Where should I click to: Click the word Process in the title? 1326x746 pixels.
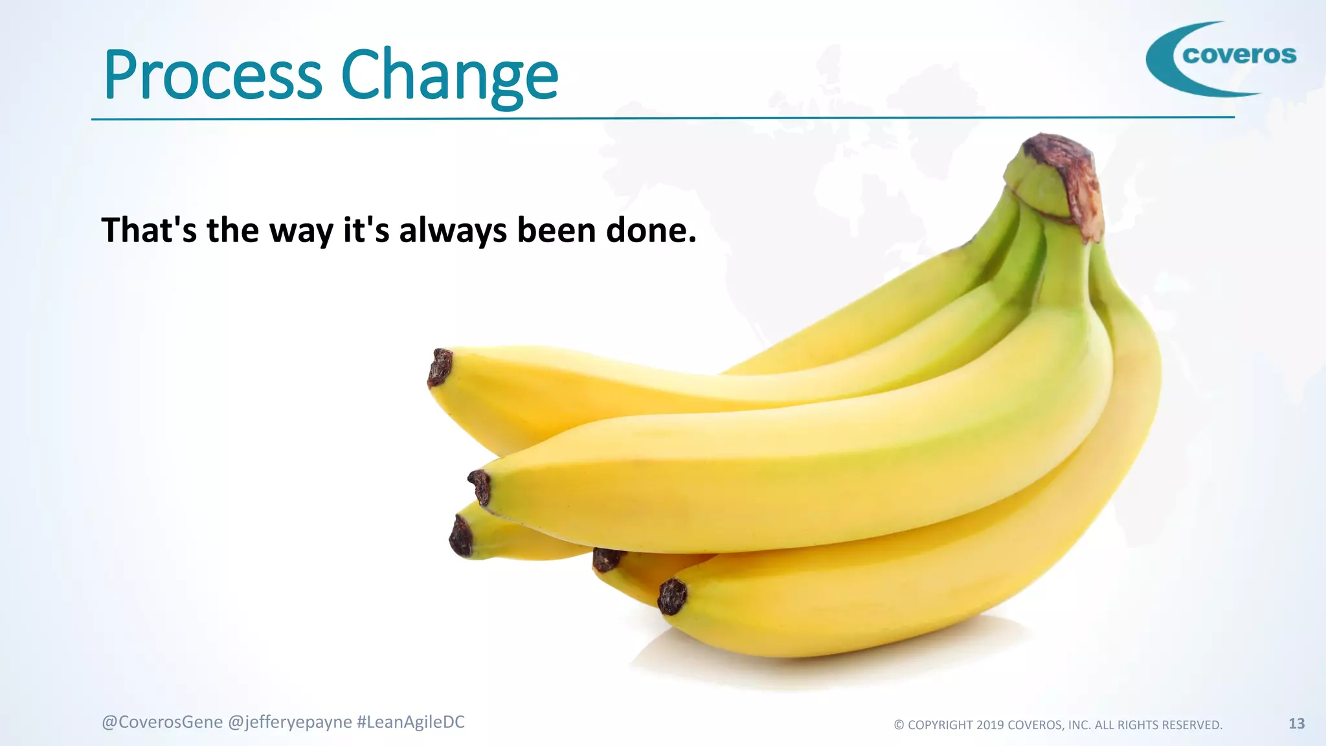click(x=212, y=76)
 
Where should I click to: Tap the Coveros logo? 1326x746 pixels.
click(x=1221, y=58)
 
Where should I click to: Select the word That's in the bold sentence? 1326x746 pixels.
click(x=149, y=231)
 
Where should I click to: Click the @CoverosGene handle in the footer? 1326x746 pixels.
click(x=162, y=722)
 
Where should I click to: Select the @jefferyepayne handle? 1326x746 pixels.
click(x=290, y=722)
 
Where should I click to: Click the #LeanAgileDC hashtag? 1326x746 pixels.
click(x=410, y=722)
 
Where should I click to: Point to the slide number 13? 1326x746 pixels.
click(x=1296, y=723)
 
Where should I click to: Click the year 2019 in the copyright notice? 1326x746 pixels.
click(x=989, y=725)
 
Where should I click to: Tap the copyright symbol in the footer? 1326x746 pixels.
click(x=899, y=725)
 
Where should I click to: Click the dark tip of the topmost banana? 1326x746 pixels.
click(x=440, y=367)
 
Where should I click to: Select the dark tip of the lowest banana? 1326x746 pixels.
click(x=672, y=596)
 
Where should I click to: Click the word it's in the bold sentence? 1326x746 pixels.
click(x=366, y=231)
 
